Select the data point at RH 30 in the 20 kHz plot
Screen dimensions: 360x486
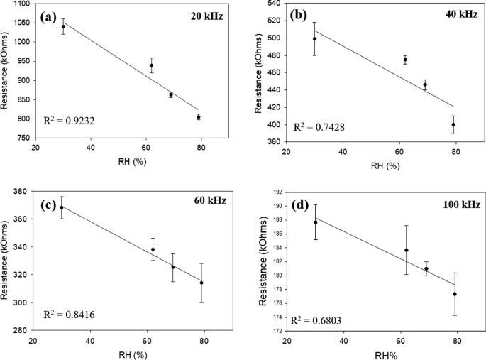point(63,26)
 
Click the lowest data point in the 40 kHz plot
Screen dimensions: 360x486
point(453,124)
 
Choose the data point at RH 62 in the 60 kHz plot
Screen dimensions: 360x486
point(153,249)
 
